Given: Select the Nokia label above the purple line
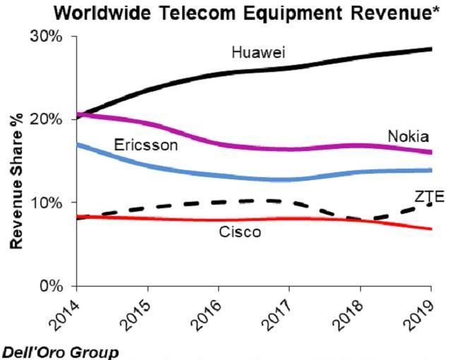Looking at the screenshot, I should click(408, 136).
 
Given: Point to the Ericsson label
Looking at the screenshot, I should click(145, 145).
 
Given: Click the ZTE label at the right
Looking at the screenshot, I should click(429, 196).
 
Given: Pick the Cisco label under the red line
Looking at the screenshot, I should click(241, 232).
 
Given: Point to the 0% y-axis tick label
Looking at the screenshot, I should click(52, 286).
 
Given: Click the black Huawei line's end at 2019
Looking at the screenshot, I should click(431, 49).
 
